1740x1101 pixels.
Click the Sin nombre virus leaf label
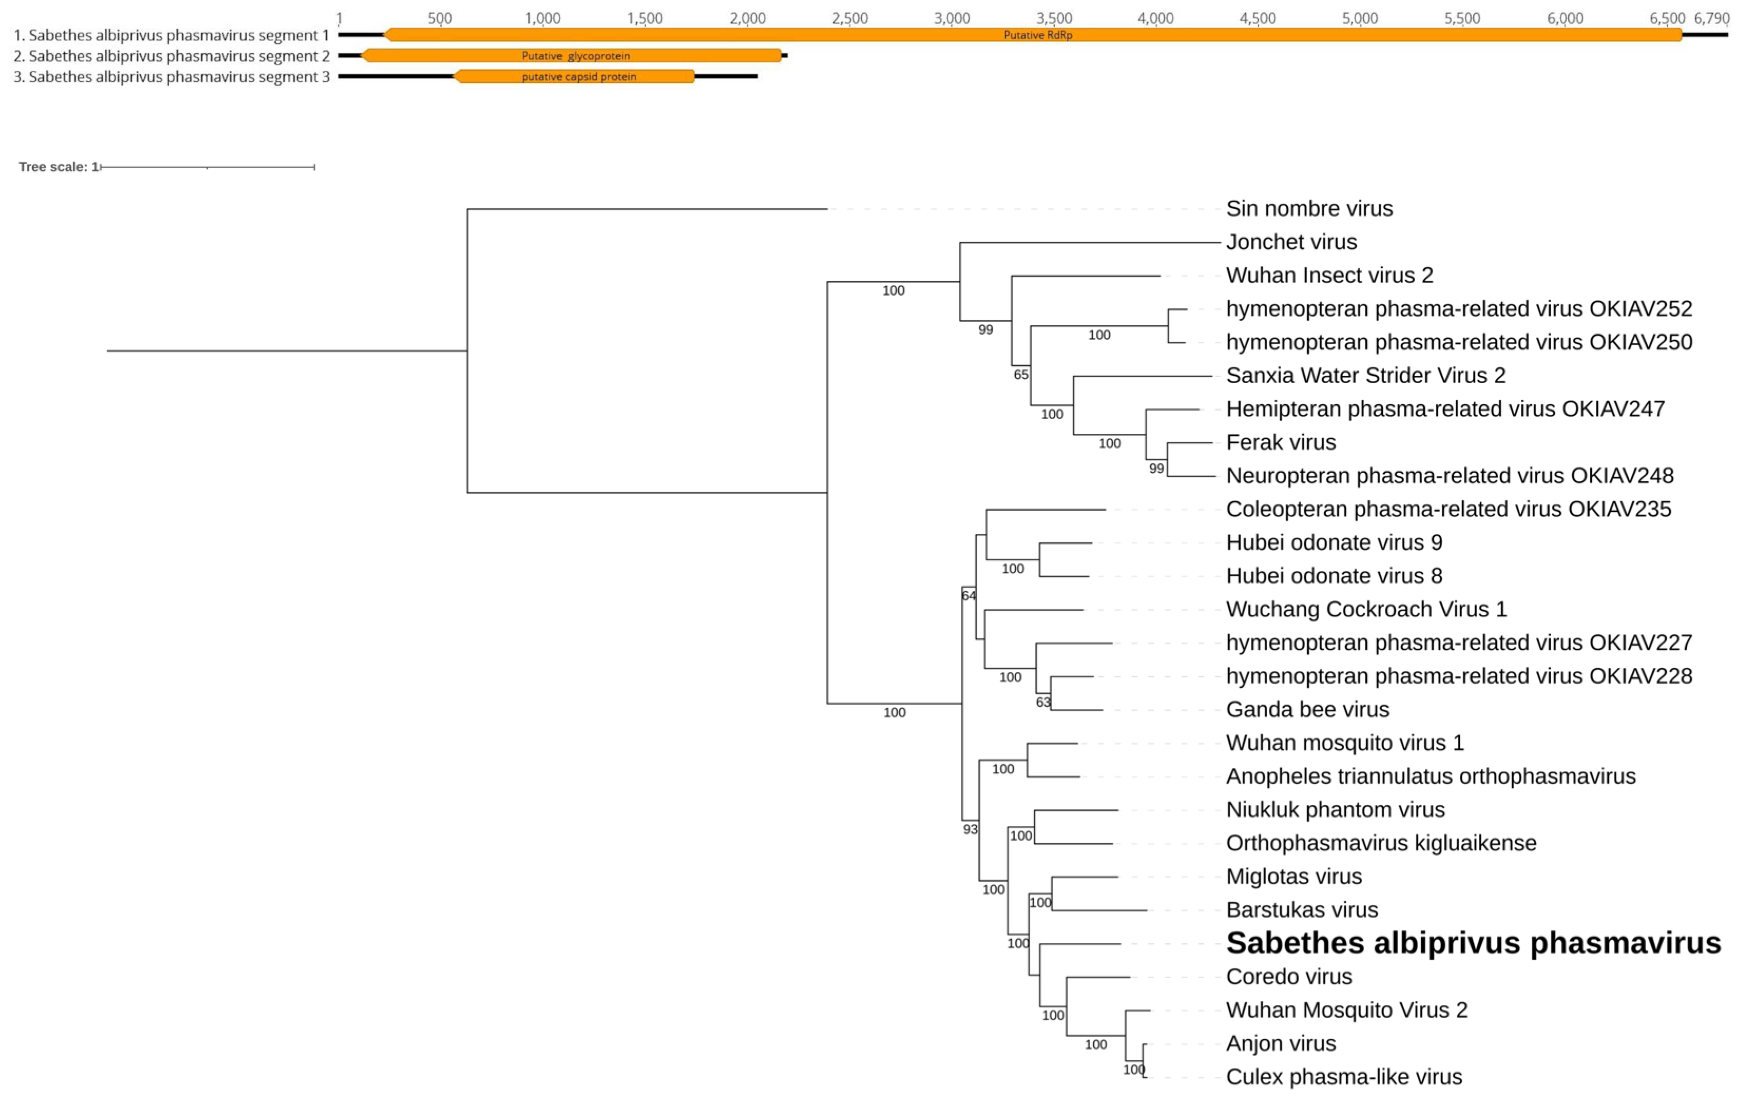tap(1309, 209)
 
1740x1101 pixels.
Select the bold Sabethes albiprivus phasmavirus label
tap(1473, 943)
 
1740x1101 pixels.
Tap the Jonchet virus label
tap(1291, 242)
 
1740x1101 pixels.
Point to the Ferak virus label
tap(1280, 442)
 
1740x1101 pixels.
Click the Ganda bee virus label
tap(1307, 709)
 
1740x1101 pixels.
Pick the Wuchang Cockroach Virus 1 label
tap(1366, 609)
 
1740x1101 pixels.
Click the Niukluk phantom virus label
tap(1335, 810)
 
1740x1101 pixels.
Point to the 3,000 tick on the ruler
tap(951, 18)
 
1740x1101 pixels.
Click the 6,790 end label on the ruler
tap(1711, 18)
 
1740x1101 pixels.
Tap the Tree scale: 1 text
tap(58, 167)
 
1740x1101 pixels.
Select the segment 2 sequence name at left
tap(171, 56)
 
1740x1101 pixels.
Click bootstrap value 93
tap(970, 830)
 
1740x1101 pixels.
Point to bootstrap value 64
tap(968, 595)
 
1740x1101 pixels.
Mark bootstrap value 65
tap(1020, 374)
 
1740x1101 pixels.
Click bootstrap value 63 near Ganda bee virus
tap(1043, 702)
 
